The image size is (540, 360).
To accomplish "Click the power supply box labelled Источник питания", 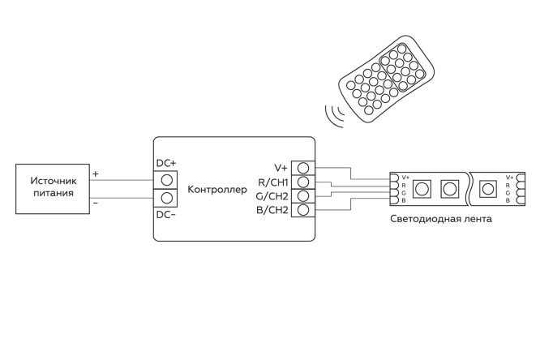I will (x=51, y=187).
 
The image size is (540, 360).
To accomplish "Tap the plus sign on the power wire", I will (x=96, y=174).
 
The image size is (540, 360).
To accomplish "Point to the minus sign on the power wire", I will (x=96, y=203).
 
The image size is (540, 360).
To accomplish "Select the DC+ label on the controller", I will (x=166, y=162).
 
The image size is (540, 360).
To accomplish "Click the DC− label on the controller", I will (x=166, y=215).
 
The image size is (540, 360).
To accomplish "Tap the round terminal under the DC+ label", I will (x=166, y=179).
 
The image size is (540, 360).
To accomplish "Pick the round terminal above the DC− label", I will (x=166, y=198).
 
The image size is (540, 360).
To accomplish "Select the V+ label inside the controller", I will (x=281, y=166).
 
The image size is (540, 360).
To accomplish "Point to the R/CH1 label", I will (x=272, y=181).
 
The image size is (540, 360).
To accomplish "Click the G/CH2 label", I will (x=272, y=195).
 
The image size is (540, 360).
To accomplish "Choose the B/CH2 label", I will (x=272, y=211).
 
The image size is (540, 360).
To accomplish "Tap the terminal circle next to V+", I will (x=303, y=167).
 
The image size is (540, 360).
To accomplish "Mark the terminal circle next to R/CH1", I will (x=303, y=182).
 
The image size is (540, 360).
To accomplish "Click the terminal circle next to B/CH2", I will (x=303, y=211).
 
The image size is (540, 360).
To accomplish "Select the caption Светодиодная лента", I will (x=440, y=220).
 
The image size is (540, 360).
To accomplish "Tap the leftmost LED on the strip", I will (x=422, y=189).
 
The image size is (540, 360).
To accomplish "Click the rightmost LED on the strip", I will (x=488, y=189).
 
